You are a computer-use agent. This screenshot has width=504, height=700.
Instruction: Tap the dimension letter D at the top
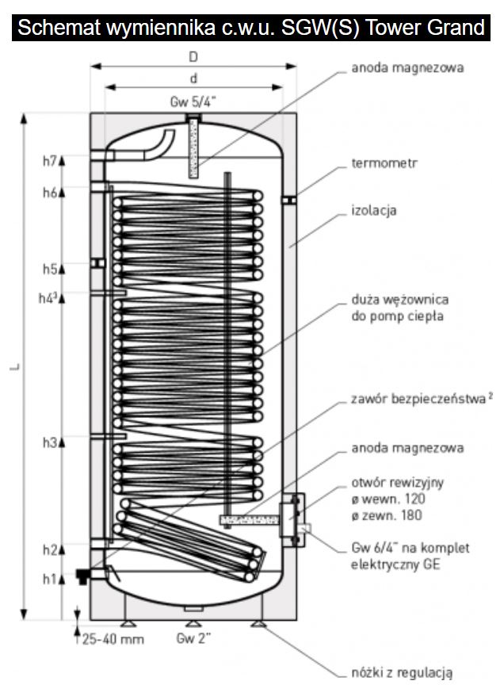pyautogui.click(x=193, y=57)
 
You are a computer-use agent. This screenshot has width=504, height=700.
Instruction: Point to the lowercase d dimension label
pyautogui.click(x=193, y=78)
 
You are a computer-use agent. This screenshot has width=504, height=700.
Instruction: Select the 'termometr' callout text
pyautogui.click(x=384, y=164)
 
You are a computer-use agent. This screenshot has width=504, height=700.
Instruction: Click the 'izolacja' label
pyautogui.click(x=374, y=212)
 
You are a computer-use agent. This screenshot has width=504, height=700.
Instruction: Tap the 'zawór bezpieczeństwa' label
pyautogui.click(x=418, y=400)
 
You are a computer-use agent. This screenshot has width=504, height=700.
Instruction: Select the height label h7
pyautogui.click(x=49, y=160)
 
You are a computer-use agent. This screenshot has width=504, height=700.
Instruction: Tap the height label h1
pyautogui.click(x=49, y=579)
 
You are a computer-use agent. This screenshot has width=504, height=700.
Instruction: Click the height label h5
pyautogui.click(x=49, y=270)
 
